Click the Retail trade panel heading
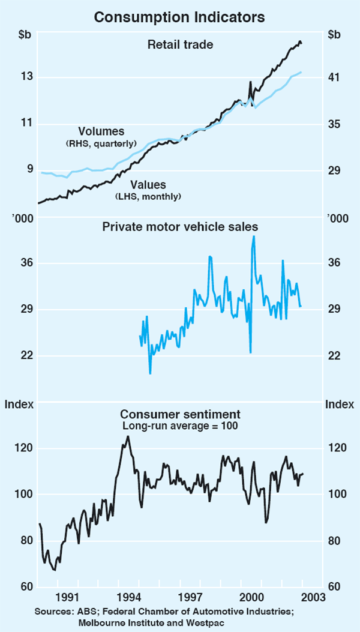click(x=180, y=44)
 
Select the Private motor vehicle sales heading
click(x=180, y=227)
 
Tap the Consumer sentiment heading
click(x=180, y=414)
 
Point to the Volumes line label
click(x=101, y=131)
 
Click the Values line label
click(x=148, y=185)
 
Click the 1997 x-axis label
click(x=190, y=597)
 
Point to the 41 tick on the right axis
click(x=334, y=77)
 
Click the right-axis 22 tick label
click(x=334, y=356)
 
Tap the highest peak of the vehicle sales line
click(x=254, y=236)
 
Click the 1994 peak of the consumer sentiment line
click(x=127, y=436)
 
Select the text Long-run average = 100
click(x=180, y=426)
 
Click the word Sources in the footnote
click(x=52, y=612)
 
